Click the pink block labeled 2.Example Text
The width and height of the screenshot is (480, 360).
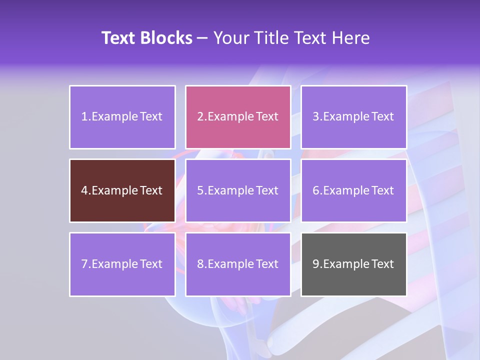(x=238, y=117)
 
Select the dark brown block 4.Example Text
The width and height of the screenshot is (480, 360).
(x=122, y=190)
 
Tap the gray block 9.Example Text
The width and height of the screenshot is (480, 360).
(x=354, y=264)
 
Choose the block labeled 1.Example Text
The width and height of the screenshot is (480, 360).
(x=122, y=117)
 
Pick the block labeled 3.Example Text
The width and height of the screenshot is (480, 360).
(x=354, y=117)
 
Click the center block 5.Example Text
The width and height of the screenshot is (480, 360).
(x=238, y=190)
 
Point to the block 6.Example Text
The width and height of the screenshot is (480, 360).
(x=354, y=190)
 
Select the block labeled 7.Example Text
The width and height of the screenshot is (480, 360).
(x=122, y=264)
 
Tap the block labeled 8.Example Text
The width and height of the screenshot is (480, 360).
(x=238, y=264)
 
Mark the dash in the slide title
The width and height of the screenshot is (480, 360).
(x=202, y=38)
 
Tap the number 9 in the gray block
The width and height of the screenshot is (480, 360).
(x=316, y=264)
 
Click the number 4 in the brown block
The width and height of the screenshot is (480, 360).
(x=84, y=190)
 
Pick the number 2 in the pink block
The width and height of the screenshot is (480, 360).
(x=200, y=117)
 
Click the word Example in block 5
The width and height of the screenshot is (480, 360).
(x=231, y=190)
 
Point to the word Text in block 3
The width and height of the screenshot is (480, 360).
(x=382, y=117)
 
